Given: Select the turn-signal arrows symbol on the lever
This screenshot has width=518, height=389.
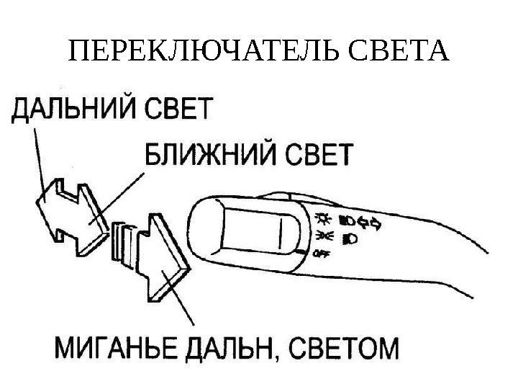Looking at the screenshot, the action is point(375,223).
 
